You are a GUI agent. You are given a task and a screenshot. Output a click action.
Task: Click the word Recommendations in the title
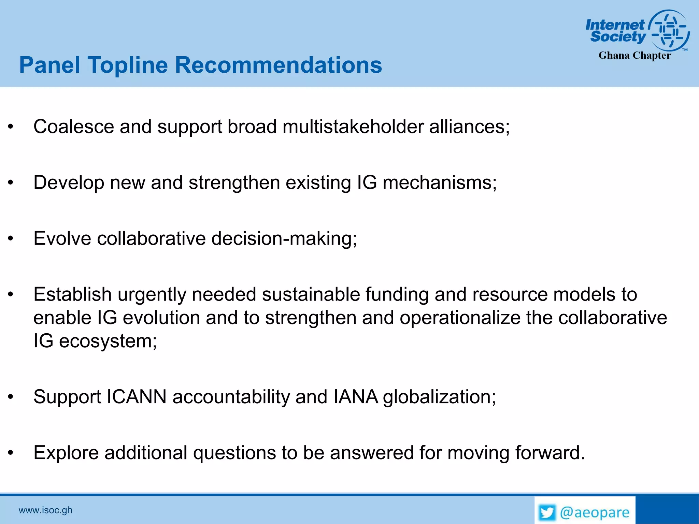(278, 65)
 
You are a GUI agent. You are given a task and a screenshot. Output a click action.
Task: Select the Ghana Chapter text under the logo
(634, 55)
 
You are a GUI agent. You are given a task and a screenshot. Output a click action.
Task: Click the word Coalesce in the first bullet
(73, 127)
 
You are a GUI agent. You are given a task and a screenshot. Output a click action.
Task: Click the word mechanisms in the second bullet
(439, 183)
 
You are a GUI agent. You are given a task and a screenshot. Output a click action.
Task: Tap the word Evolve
(62, 238)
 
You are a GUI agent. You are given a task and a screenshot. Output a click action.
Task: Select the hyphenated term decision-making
(284, 238)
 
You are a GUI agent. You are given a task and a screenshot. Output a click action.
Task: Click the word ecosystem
(108, 341)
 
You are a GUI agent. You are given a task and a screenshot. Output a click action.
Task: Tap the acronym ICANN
(137, 397)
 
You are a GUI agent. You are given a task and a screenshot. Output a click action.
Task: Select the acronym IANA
(355, 397)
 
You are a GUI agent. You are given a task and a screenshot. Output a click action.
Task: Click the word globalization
(439, 397)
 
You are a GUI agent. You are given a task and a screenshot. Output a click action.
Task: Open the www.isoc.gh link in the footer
(45, 510)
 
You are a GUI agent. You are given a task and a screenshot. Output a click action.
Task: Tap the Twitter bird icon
(547, 513)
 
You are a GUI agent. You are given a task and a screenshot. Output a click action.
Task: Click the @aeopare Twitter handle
(594, 513)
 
